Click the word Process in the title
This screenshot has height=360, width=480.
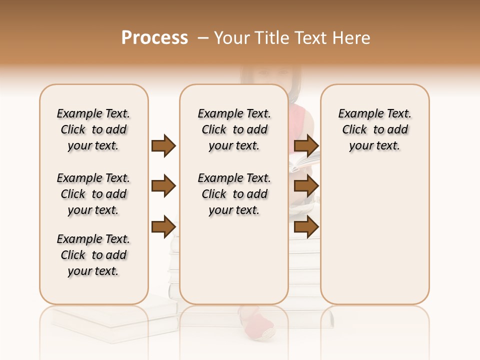tap(154, 38)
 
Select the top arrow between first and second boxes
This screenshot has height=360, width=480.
tap(163, 145)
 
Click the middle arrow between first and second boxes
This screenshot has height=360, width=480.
tap(163, 186)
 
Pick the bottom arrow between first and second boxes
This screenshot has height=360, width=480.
tap(163, 226)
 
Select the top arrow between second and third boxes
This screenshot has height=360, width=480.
tap(306, 145)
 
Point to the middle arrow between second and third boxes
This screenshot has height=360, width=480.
tap(306, 186)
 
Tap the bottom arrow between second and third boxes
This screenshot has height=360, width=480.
tap(306, 226)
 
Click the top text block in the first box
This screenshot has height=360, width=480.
tap(93, 129)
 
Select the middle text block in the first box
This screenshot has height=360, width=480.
tap(93, 194)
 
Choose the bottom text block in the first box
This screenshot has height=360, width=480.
tap(93, 255)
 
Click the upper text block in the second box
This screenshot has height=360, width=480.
tap(234, 129)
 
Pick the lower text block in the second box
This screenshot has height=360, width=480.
tap(234, 194)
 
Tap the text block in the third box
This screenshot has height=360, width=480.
tap(374, 129)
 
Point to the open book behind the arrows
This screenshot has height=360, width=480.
tap(304, 162)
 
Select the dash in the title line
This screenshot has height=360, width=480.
tap(203, 38)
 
